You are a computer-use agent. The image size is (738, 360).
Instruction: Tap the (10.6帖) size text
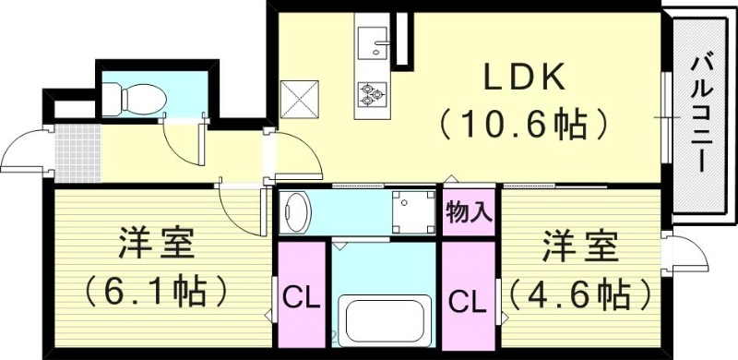[x=523, y=123]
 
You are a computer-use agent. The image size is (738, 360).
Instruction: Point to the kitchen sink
[x=375, y=42]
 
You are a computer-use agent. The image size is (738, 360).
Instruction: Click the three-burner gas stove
[x=374, y=92]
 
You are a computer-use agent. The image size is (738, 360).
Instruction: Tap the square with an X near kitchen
[x=300, y=99]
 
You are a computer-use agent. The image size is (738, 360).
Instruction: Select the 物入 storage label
[x=468, y=211]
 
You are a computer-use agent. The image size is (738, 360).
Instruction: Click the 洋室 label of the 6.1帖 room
[x=154, y=246]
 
